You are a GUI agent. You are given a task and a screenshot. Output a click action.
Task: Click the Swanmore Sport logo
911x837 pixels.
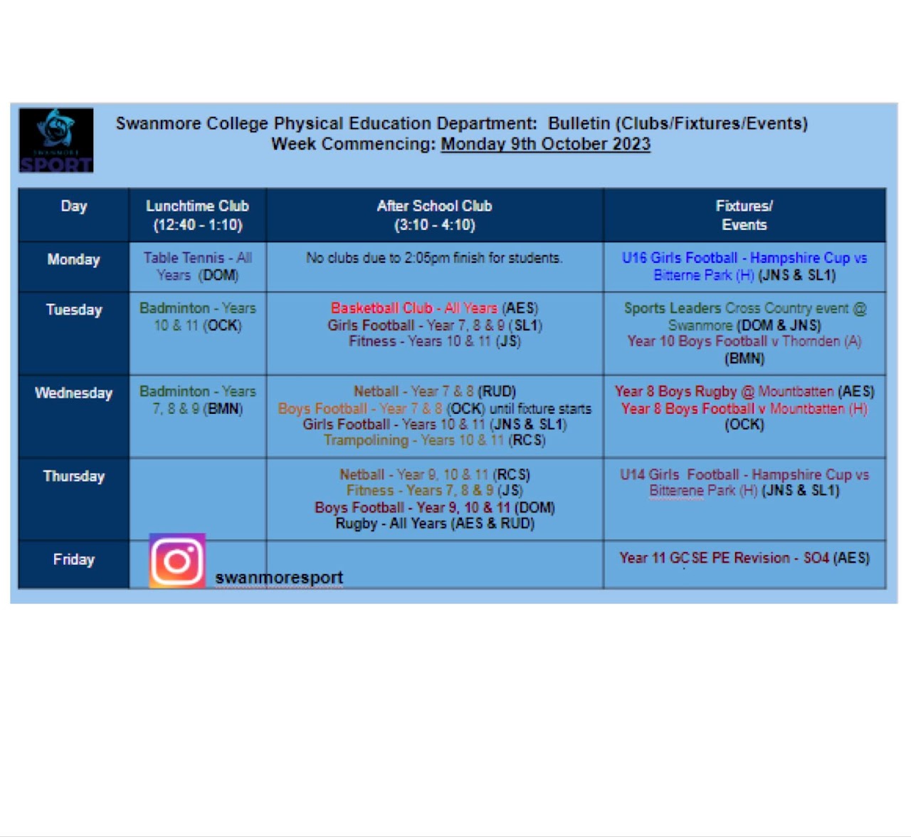tap(56, 140)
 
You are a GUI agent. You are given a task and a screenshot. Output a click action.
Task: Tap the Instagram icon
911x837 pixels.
tap(177, 561)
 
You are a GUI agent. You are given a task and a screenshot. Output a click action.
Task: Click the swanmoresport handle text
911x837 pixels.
tap(279, 578)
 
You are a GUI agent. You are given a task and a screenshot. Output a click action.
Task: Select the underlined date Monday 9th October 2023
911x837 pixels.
tap(545, 144)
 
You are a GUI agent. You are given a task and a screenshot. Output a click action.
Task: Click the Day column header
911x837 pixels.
tap(74, 206)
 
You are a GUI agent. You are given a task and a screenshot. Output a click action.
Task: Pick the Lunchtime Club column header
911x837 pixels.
tap(198, 216)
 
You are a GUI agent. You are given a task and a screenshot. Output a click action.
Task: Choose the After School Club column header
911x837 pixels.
tap(435, 216)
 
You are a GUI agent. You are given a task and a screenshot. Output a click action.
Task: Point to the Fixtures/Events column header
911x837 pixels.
tap(744, 216)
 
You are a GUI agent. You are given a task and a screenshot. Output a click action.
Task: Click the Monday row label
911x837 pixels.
tap(73, 259)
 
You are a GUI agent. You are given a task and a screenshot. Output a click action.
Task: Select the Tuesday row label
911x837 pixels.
tap(74, 310)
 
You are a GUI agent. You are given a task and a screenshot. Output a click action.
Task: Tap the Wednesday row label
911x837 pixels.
tap(73, 392)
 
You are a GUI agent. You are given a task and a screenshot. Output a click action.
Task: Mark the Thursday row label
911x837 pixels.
tap(74, 476)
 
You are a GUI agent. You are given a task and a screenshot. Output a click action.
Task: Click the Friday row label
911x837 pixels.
tap(74, 559)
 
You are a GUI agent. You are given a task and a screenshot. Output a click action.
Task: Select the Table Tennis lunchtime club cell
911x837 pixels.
tap(198, 266)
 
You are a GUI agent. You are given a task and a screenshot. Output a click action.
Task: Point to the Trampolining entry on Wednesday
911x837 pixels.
tap(434, 440)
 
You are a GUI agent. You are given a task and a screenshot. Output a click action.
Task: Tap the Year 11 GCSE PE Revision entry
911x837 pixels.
tap(744, 558)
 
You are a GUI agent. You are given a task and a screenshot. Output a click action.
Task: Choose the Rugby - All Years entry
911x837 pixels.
tap(435, 524)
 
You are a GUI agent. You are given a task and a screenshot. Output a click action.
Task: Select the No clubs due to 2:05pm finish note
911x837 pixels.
tap(434, 259)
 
